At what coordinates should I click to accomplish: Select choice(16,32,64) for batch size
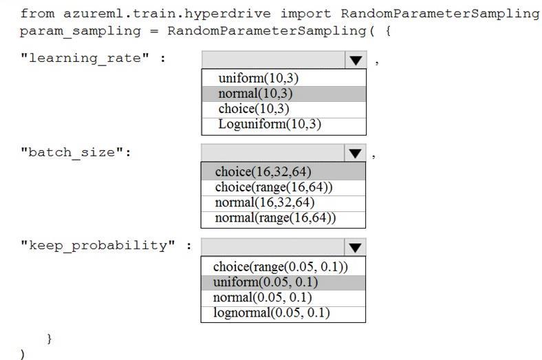click(263, 172)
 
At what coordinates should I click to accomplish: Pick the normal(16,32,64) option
click(265, 202)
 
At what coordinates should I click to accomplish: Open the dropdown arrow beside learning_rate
click(356, 60)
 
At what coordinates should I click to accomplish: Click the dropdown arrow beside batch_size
click(355, 153)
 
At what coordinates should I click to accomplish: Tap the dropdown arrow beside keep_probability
click(355, 247)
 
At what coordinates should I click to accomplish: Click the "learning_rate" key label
click(85, 58)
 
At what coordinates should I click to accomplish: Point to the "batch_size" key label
click(72, 152)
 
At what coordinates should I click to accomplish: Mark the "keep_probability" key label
click(98, 246)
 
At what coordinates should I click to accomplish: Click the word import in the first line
click(305, 14)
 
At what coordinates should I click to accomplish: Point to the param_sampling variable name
click(80, 32)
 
